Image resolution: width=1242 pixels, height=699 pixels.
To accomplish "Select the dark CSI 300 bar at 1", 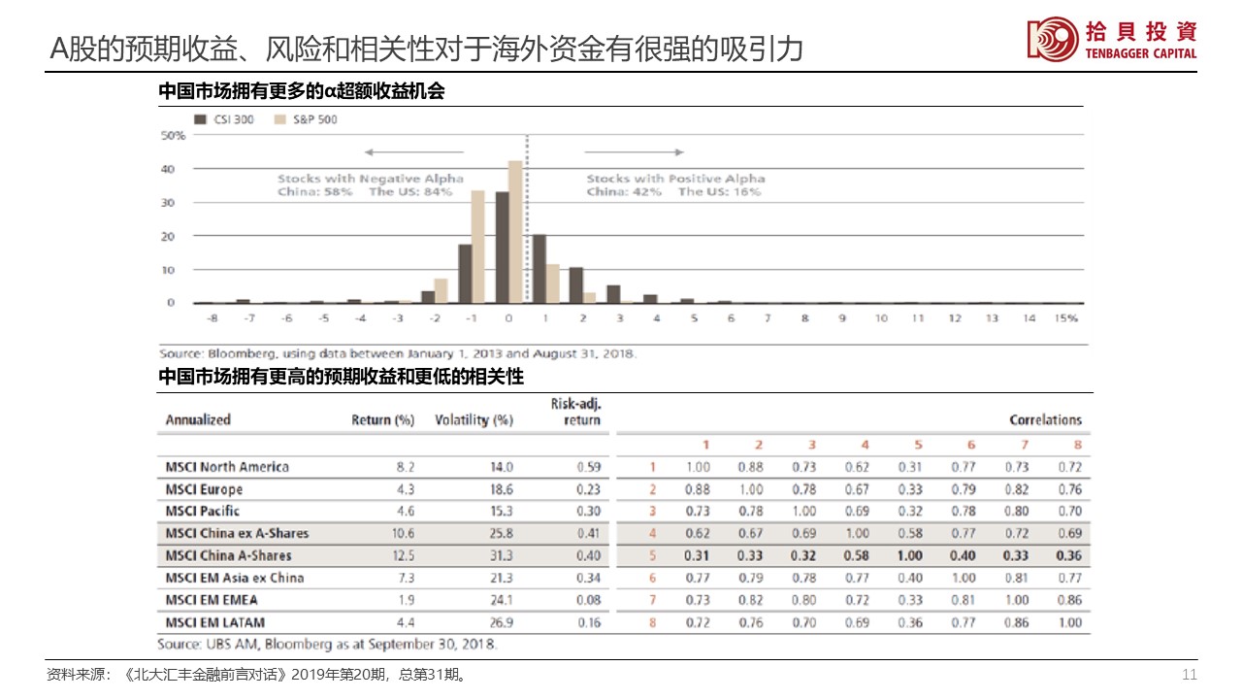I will click(x=539, y=268).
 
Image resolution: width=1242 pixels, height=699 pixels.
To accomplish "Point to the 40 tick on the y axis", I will click(x=168, y=169).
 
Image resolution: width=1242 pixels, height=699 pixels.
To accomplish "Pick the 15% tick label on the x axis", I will click(x=1066, y=318).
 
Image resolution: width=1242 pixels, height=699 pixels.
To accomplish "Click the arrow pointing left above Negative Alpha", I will click(x=404, y=152).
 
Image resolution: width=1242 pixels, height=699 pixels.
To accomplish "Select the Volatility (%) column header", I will click(x=474, y=420).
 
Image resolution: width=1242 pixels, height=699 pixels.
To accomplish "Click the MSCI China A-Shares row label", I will click(x=228, y=555).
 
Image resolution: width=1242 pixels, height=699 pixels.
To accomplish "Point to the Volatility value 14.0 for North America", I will click(x=502, y=467).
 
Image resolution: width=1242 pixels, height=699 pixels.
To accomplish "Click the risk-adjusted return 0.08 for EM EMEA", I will click(x=588, y=600).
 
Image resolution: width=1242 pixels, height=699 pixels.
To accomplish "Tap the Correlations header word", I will click(x=1045, y=420).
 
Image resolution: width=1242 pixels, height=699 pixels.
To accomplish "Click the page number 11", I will click(x=1190, y=675).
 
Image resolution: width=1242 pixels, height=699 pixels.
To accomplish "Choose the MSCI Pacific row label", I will click(x=203, y=511).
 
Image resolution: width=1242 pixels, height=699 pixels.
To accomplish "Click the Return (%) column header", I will click(x=382, y=420).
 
